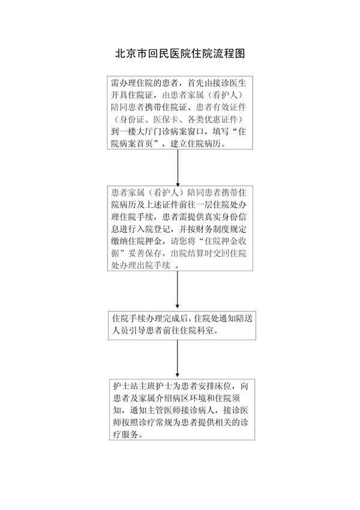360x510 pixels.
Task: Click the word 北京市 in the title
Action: [128, 53]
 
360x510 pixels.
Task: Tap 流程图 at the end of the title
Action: [232, 53]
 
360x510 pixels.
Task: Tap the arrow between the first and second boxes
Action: [178, 168]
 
